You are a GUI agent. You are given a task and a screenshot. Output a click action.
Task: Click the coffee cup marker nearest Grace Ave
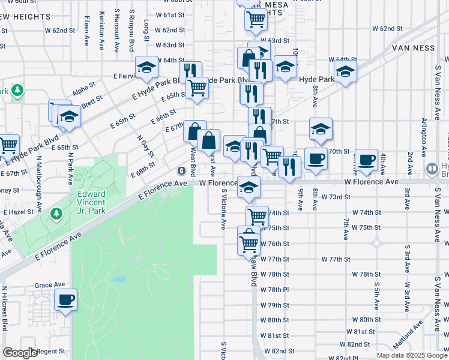click(x=65, y=299)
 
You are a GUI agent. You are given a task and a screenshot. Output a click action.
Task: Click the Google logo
click(x=20, y=353)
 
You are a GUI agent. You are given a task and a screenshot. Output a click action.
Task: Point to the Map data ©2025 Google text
click(x=412, y=355)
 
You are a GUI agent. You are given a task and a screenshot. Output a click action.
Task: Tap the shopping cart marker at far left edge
click(x=8, y=145)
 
